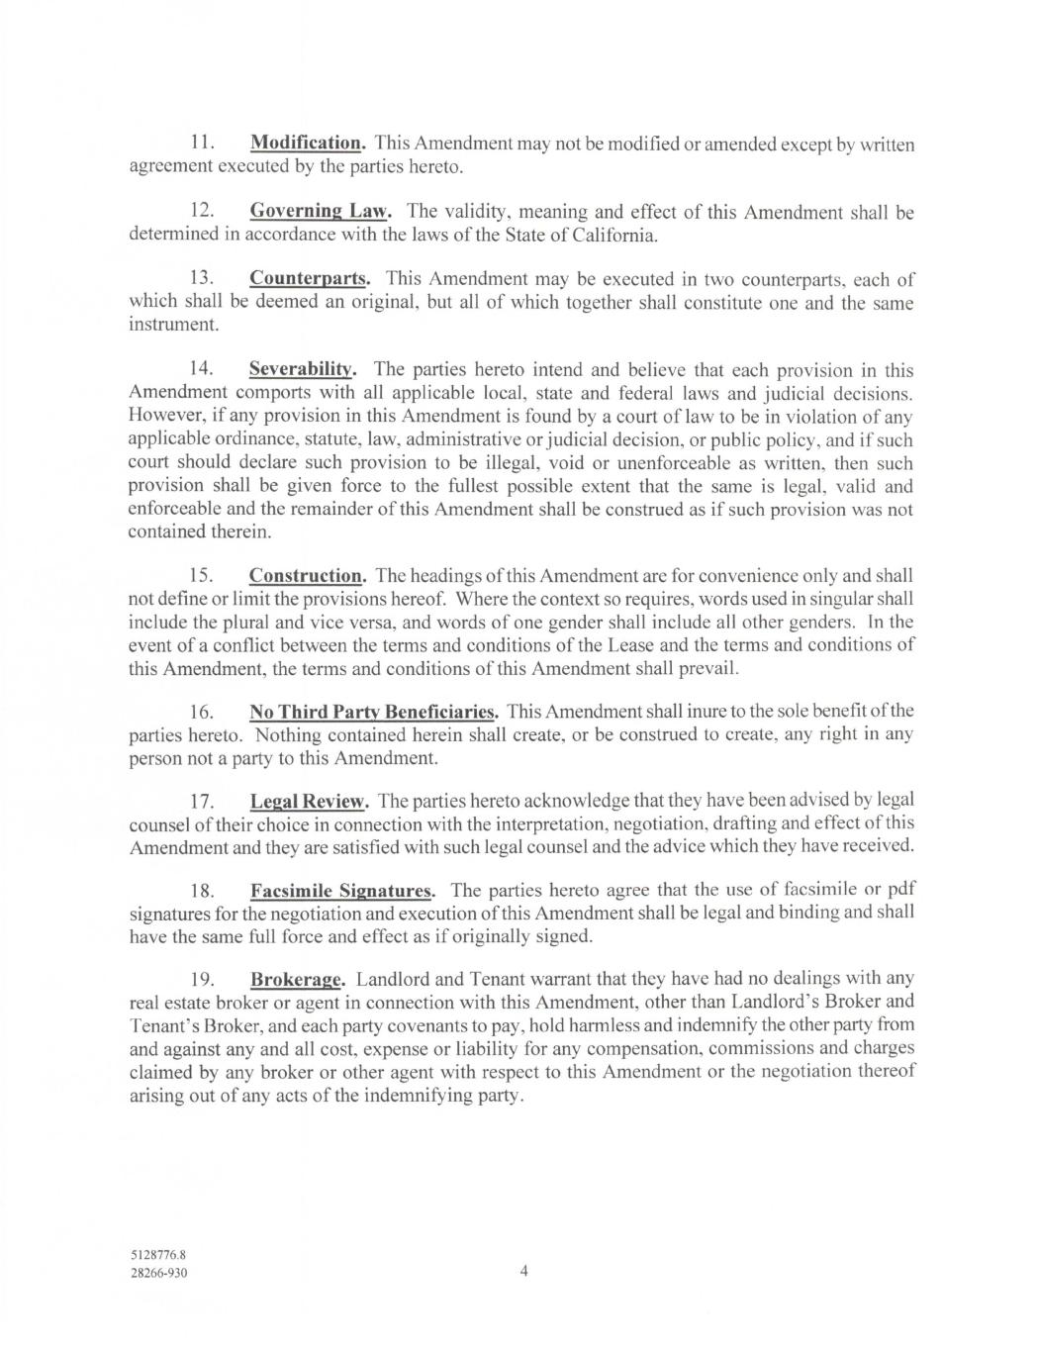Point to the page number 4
(x=524, y=1271)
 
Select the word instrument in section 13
(x=172, y=325)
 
